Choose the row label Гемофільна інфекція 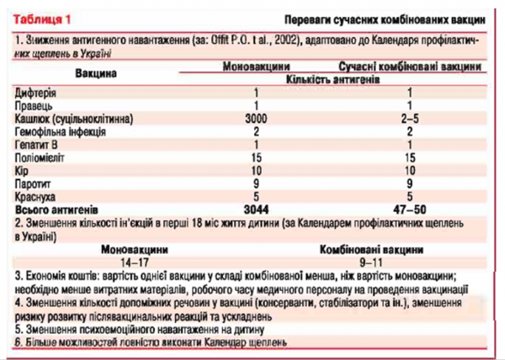coord(60,133)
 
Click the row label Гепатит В coord(39,146)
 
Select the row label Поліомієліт coord(42,158)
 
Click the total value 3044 coord(255,208)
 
